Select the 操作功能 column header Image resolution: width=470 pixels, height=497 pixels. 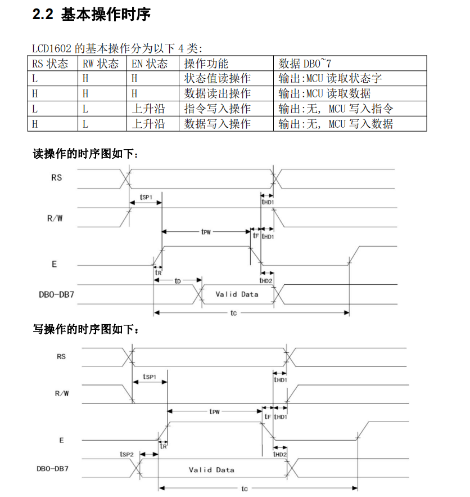pos(206,64)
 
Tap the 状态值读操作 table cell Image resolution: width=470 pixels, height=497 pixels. pos(218,78)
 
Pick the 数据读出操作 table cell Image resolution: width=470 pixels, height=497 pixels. pos(218,93)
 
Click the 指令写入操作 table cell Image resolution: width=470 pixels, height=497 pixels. pos(218,109)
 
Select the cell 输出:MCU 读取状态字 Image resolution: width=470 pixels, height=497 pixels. pos(331,78)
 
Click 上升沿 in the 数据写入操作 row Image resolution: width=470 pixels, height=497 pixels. pos(148,124)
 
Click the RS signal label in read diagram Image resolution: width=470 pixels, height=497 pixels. pos(57,178)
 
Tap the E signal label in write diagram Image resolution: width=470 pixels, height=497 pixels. pos(62,440)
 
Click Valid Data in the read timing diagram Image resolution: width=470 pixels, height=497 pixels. pos(237,294)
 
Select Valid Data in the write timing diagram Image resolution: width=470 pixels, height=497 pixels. pos(211,470)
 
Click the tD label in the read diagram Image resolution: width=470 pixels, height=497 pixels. pos(178,280)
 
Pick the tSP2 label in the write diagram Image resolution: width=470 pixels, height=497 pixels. pos(126,454)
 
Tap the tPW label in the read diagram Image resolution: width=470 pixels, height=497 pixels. pos(206,231)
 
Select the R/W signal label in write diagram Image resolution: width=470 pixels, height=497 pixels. pos(62,393)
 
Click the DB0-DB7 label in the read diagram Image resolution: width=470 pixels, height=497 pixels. pos(55,294)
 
